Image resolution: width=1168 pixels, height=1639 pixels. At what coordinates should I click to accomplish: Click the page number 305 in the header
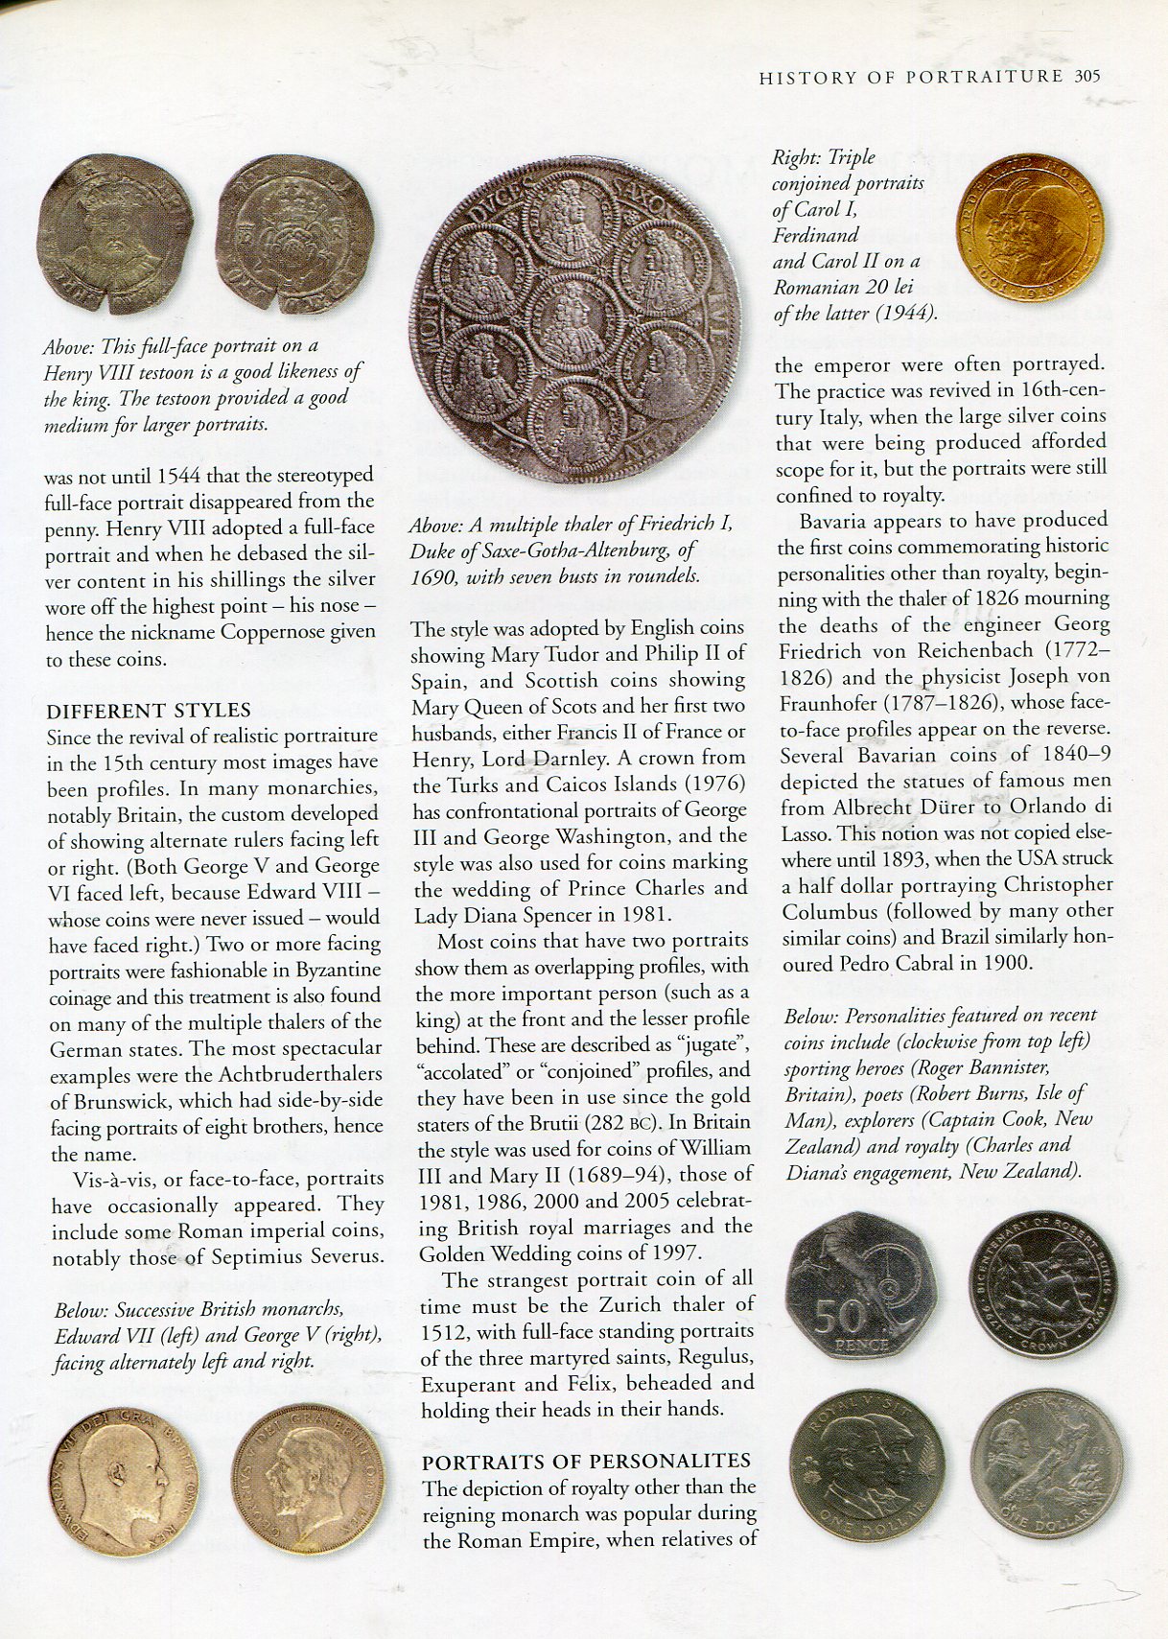point(1086,77)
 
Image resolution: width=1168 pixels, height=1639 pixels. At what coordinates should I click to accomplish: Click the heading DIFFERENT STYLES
point(149,711)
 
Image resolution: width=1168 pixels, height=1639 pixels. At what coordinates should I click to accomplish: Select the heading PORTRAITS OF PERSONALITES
point(586,1462)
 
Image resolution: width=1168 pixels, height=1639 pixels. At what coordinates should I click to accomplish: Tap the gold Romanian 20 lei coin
point(1029,228)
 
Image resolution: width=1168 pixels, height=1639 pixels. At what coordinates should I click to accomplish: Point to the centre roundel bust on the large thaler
point(574,317)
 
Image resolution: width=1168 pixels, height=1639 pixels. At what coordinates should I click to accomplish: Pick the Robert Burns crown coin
point(1043,1284)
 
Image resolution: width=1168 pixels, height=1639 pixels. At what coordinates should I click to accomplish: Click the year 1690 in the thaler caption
point(432,576)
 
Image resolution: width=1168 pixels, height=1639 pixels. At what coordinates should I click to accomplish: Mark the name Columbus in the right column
point(829,911)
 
